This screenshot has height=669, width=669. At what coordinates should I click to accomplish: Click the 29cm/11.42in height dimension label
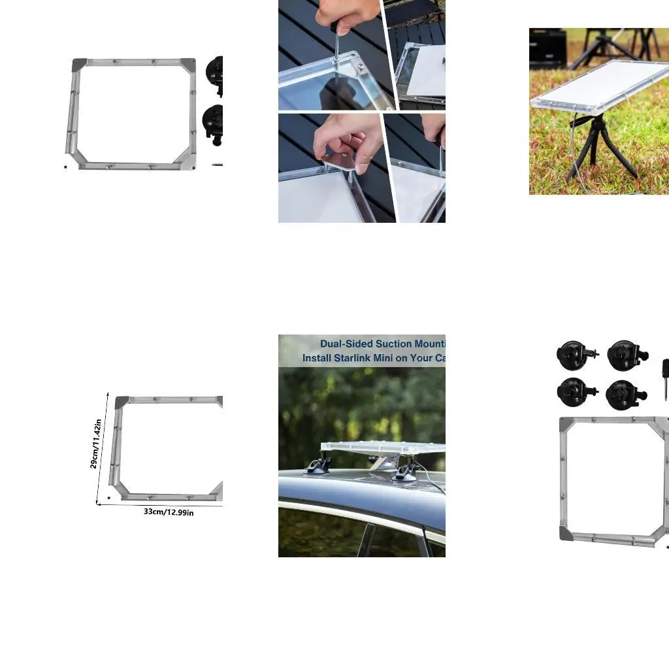[x=95, y=444]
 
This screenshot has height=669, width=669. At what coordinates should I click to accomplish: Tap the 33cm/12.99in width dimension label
[x=169, y=512]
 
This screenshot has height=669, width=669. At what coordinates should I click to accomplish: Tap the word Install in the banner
[x=317, y=358]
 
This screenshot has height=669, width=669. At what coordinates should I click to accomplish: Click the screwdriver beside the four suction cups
[x=664, y=379]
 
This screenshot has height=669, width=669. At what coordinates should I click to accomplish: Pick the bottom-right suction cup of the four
[x=624, y=394]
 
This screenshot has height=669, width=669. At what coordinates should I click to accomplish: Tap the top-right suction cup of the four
[x=625, y=354]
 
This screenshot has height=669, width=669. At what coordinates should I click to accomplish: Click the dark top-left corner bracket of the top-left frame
[x=79, y=65]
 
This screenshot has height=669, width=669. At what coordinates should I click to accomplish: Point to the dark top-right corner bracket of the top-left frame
[x=188, y=65]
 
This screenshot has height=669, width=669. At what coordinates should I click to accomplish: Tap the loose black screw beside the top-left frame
[x=65, y=166]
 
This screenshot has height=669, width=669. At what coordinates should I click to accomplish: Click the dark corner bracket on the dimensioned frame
[x=122, y=402]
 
